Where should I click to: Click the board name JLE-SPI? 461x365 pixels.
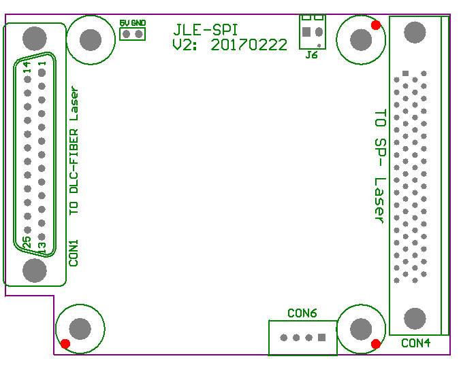click(205, 30)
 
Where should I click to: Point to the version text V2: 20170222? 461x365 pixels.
click(229, 45)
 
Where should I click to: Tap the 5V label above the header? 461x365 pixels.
click(123, 22)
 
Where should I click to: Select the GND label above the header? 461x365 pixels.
click(138, 22)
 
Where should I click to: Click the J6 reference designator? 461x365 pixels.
click(311, 55)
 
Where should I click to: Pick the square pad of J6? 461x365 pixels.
click(306, 32)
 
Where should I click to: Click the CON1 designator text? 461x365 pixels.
click(74, 252)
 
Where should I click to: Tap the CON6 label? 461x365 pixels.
click(302, 313)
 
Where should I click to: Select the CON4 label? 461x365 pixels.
click(415, 343)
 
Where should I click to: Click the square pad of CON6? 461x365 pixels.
click(322, 338)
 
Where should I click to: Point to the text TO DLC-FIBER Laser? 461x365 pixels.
click(74, 151)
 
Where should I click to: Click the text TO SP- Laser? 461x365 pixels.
click(380, 165)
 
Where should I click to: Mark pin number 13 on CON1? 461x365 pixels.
click(42, 248)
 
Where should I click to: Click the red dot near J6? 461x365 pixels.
click(375, 26)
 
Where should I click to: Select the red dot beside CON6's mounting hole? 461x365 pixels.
click(375, 344)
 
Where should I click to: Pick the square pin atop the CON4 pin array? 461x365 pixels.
click(406, 73)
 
